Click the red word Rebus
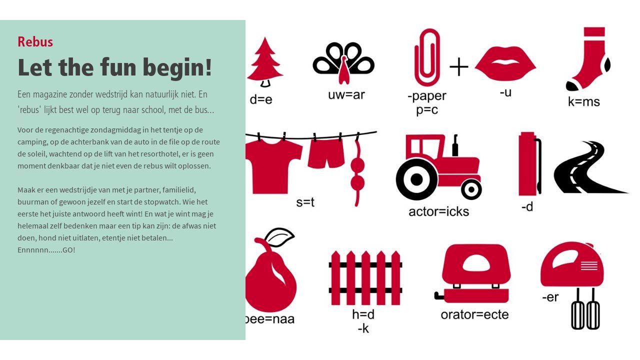(x=35, y=41)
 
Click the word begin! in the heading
(x=177, y=67)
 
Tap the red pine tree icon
(x=265, y=61)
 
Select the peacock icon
(x=343, y=63)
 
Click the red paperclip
(x=427, y=57)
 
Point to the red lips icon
(x=505, y=63)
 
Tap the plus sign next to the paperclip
(x=459, y=67)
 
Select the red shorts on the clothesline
(x=326, y=153)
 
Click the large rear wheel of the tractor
(x=416, y=179)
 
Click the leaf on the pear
(x=279, y=237)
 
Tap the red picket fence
(x=365, y=277)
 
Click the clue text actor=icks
(x=439, y=211)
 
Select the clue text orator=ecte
(x=474, y=314)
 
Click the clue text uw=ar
(x=346, y=95)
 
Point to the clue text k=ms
(x=583, y=101)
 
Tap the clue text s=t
(x=305, y=202)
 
